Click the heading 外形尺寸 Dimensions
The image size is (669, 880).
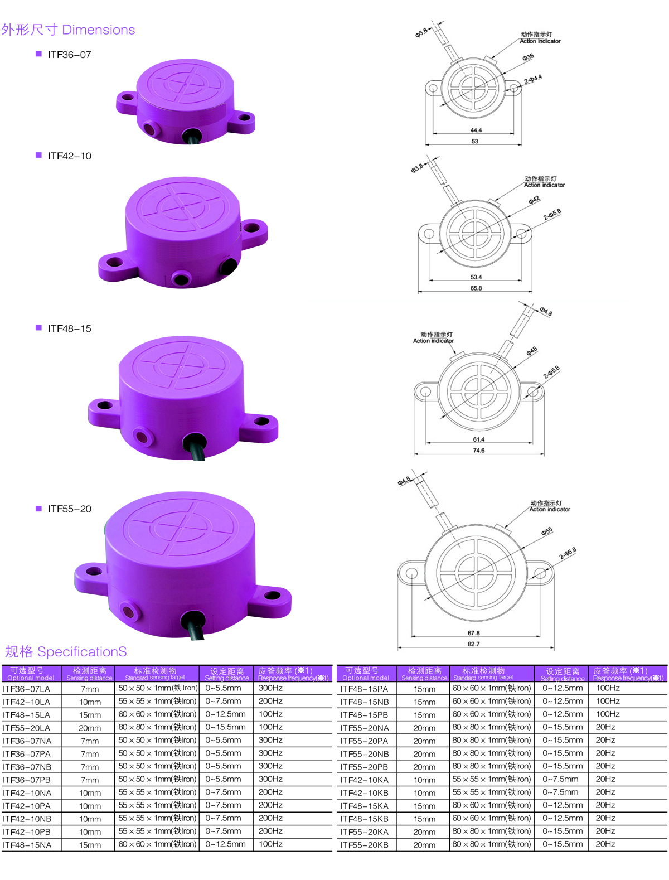click(x=68, y=30)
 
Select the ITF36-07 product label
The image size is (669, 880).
click(x=70, y=55)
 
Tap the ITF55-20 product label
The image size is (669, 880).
click(x=70, y=509)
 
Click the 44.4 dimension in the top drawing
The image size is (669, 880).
click(x=476, y=130)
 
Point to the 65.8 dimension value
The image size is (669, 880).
click(x=476, y=288)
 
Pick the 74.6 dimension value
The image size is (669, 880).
click(x=479, y=450)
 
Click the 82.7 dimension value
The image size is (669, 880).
click(x=473, y=644)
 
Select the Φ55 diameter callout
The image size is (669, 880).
click(x=547, y=531)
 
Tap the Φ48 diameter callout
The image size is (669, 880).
click(x=532, y=351)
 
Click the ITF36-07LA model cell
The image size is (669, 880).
click(x=26, y=689)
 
